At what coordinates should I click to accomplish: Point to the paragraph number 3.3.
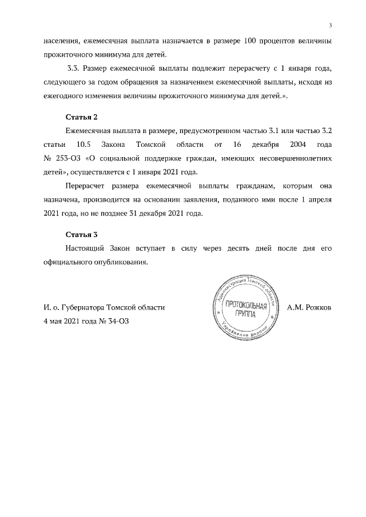pos(74,69)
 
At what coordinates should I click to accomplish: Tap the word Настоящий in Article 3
pos(87,249)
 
